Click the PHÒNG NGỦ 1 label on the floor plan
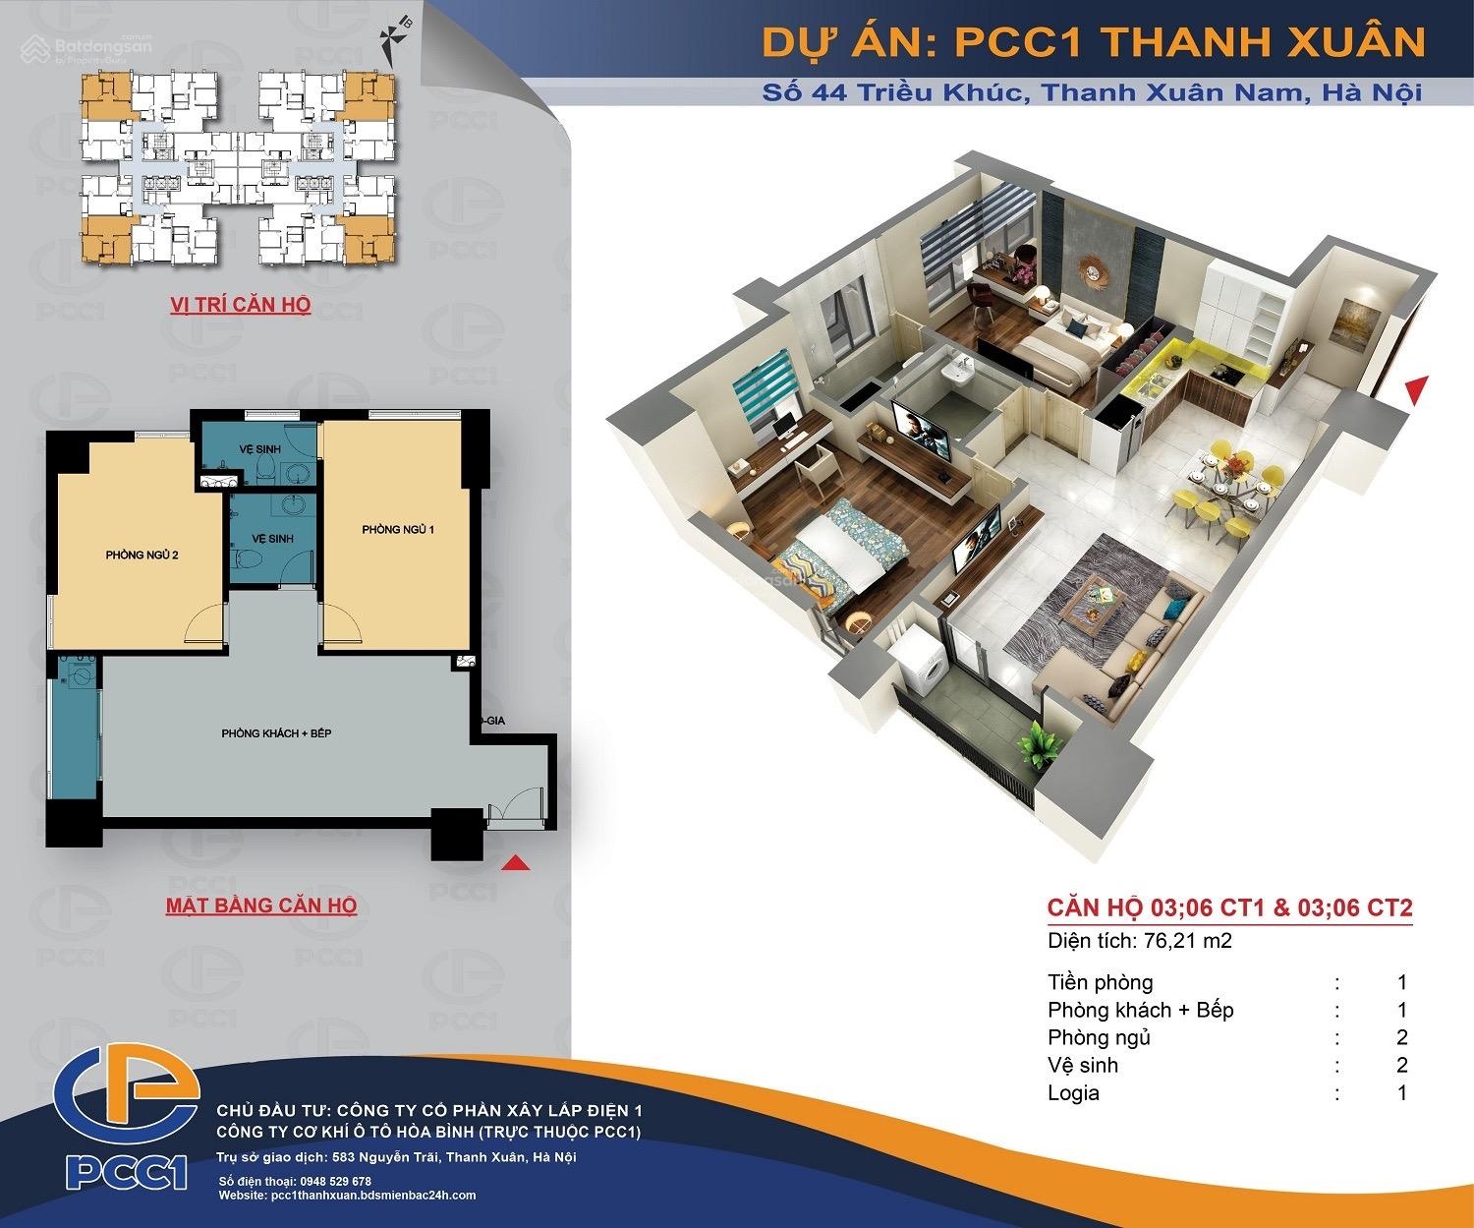(397, 529)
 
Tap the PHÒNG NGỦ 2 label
(142, 555)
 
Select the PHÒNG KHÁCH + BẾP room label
(276, 733)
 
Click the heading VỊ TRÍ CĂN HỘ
(240, 305)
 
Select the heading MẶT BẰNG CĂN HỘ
(261, 906)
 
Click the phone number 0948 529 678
(335, 1181)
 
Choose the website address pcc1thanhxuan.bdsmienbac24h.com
(373, 1196)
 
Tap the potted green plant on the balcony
(1039, 743)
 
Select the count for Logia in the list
(1402, 1093)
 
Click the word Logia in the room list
(1073, 1093)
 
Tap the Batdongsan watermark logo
(86, 48)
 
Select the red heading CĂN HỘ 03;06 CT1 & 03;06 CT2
(1229, 907)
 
